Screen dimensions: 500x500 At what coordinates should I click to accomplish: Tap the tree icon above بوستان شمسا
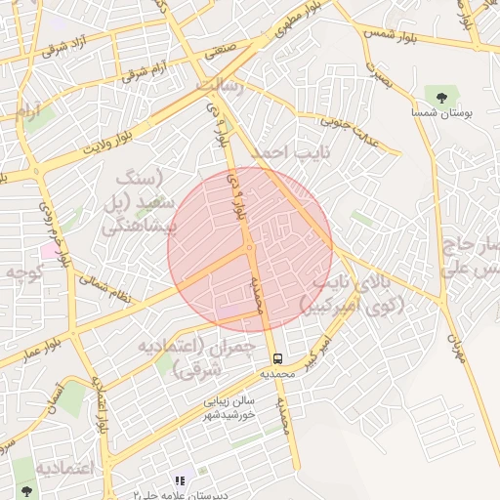click(x=442, y=97)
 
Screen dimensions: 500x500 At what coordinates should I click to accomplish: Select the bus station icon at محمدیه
click(x=278, y=358)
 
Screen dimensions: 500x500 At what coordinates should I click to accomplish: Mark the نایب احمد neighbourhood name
click(x=291, y=153)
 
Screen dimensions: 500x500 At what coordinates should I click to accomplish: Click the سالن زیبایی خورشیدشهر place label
click(x=230, y=407)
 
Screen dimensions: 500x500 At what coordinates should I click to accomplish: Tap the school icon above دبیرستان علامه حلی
click(x=180, y=479)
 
